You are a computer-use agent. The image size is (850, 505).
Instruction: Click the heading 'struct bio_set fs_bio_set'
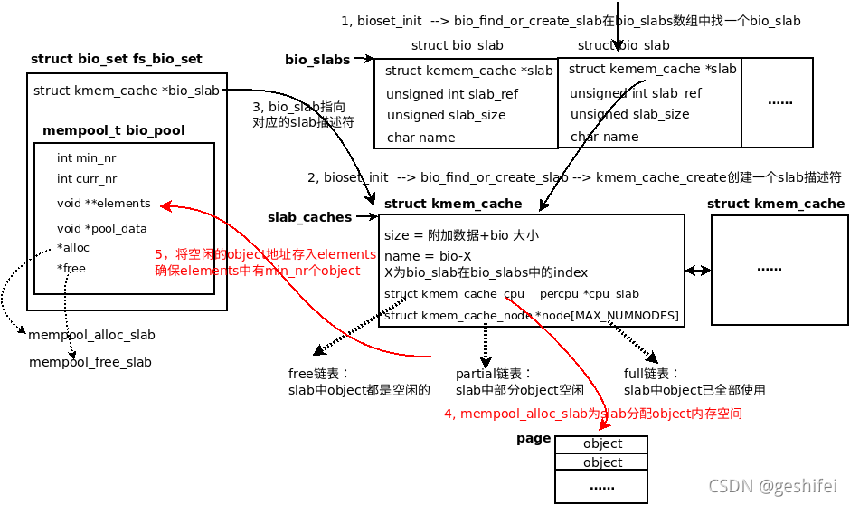(x=116, y=60)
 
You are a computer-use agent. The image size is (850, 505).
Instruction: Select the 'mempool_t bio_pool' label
(x=114, y=130)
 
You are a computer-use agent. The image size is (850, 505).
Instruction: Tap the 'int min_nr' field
(x=86, y=157)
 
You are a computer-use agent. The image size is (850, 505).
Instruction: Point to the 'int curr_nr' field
(x=87, y=179)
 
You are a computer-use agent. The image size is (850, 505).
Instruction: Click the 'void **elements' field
(x=103, y=204)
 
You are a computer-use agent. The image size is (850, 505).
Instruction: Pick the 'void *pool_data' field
(x=101, y=228)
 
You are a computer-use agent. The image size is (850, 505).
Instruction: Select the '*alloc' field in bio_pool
(x=72, y=247)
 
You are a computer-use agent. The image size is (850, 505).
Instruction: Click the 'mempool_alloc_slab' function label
(x=92, y=335)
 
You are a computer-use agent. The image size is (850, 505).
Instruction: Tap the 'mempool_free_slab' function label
(x=90, y=362)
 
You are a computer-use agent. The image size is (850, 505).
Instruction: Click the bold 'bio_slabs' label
(x=317, y=60)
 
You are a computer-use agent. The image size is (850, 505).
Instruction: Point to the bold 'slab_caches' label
(x=309, y=217)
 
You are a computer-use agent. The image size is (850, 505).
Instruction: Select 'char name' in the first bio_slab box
(x=420, y=138)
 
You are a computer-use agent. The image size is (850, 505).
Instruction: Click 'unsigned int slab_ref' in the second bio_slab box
(x=635, y=93)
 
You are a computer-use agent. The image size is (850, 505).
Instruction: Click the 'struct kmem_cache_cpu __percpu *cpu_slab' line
(x=512, y=294)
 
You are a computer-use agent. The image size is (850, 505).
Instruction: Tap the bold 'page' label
(x=533, y=438)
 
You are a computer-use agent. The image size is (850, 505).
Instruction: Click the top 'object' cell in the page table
(x=602, y=443)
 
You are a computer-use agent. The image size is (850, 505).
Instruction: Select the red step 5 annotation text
(x=265, y=262)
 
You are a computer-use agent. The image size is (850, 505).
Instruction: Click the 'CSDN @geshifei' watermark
(x=773, y=485)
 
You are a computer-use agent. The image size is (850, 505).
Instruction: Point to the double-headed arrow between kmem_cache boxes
(x=697, y=270)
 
